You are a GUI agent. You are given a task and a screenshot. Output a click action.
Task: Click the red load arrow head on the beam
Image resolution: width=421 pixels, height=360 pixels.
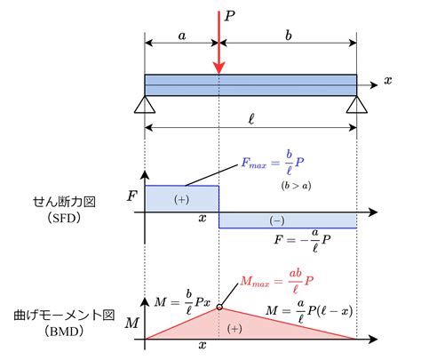(x=219, y=68)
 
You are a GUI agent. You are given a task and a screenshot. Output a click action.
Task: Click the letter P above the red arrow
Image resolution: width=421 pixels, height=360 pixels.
(x=229, y=16)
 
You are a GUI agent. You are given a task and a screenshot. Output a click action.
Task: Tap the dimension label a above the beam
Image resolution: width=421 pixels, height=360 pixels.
(x=182, y=36)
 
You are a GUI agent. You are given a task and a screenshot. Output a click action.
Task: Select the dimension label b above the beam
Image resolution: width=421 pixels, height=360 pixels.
(x=289, y=36)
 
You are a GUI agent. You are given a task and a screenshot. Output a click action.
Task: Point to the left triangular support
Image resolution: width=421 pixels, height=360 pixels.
(x=145, y=105)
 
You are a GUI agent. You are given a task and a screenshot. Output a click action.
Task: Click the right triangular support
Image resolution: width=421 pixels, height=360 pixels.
(x=357, y=105)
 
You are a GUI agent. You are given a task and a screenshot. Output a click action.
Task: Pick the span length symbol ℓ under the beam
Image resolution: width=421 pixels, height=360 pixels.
(x=251, y=119)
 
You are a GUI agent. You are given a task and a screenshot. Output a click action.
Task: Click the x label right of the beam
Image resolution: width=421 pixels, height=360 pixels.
(x=388, y=80)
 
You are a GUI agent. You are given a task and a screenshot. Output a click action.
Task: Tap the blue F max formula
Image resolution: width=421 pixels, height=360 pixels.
(x=273, y=163)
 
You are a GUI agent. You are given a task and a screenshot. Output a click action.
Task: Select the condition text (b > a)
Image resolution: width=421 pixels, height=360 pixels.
(x=296, y=186)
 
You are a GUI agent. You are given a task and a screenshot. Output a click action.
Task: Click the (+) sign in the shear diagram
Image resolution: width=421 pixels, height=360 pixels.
(x=181, y=199)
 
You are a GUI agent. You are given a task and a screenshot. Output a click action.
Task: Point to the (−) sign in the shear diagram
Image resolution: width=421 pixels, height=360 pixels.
(x=277, y=220)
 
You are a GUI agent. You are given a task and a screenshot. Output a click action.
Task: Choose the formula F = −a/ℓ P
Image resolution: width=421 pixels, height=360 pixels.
(x=302, y=240)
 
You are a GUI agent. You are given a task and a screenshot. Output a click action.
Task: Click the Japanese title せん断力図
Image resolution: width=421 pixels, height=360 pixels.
(x=64, y=202)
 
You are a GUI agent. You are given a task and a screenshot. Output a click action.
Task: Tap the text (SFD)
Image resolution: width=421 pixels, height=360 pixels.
(x=64, y=218)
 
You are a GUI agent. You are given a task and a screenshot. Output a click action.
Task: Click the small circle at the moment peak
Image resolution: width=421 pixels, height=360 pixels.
(x=219, y=308)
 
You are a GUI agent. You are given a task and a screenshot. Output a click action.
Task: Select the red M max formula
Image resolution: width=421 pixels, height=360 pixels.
(x=277, y=282)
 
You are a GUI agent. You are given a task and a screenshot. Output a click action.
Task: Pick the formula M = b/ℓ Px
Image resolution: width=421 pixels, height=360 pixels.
(x=183, y=302)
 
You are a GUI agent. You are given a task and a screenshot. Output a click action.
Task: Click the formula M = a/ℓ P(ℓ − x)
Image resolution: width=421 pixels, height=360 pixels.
(x=309, y=311)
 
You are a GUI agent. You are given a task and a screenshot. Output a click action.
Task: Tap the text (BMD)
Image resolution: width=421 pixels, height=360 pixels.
(x=64, y=331)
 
